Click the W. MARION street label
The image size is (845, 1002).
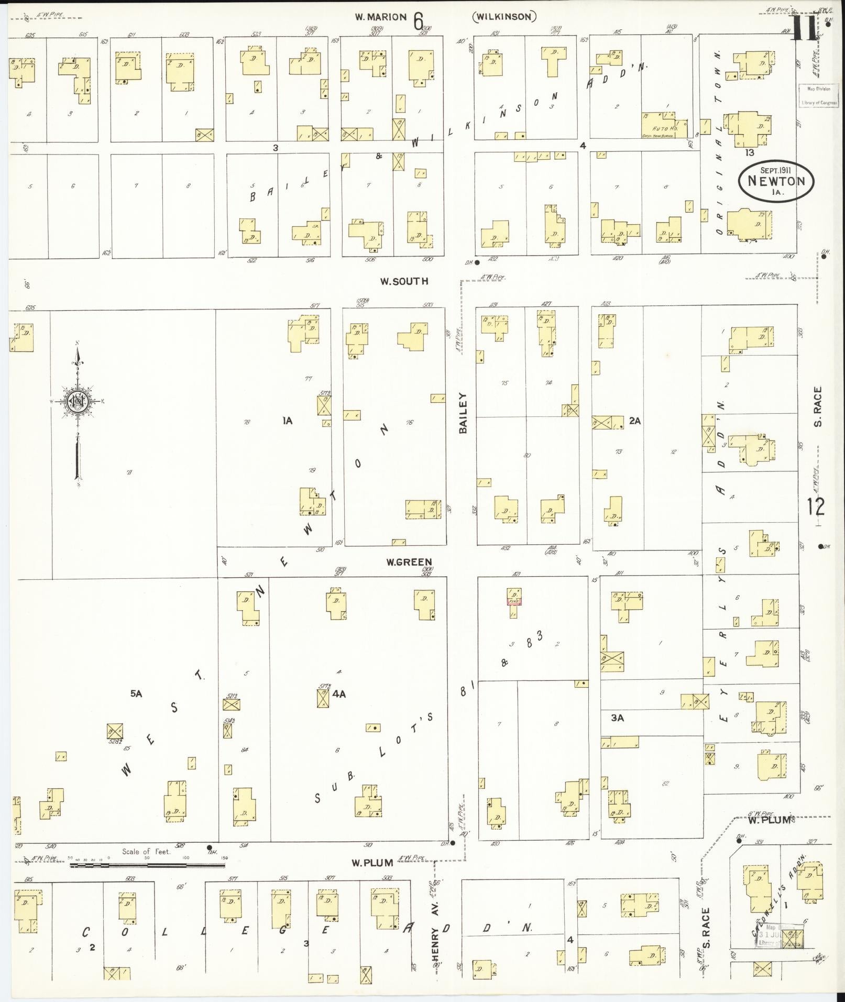pos(380,17)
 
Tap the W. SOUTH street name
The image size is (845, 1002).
pos(404,281)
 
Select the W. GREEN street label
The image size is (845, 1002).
pos(409,562)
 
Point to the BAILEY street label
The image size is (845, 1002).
pos(463,413)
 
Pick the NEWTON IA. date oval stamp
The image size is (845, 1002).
pos(776,181)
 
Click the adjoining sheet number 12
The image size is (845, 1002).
pos(815,506)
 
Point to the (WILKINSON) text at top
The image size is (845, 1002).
pos(504,17)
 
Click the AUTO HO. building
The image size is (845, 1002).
pos(658,125)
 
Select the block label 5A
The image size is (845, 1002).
pos(136,693)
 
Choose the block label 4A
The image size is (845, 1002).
pos(339,694)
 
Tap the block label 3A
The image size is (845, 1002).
pos(617,718)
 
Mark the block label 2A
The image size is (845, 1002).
pos(635,420)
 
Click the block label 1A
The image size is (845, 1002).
pos(287,420)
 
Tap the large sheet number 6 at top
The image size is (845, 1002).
pos(418,22)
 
